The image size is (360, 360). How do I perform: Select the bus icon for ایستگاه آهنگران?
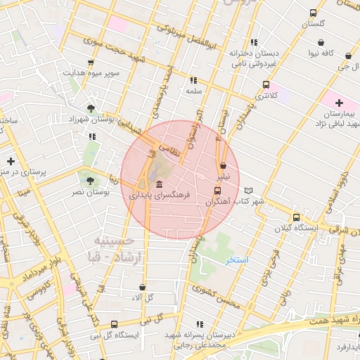click(217, 191)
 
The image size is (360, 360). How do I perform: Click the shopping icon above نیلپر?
click(223, 165)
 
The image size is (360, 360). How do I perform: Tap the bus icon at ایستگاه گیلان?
click(296, 217)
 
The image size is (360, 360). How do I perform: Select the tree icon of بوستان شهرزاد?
click(91, 108)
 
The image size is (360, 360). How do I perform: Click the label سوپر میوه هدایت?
click(94, 72)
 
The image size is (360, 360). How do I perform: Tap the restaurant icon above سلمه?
click(193, 80)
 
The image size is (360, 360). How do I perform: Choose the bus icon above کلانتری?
click(266, 84)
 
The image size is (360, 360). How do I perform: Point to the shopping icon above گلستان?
click(313, 13)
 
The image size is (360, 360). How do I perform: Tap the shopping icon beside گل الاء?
click(143, 287)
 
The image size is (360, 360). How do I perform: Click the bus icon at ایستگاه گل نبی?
click(114, 324)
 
